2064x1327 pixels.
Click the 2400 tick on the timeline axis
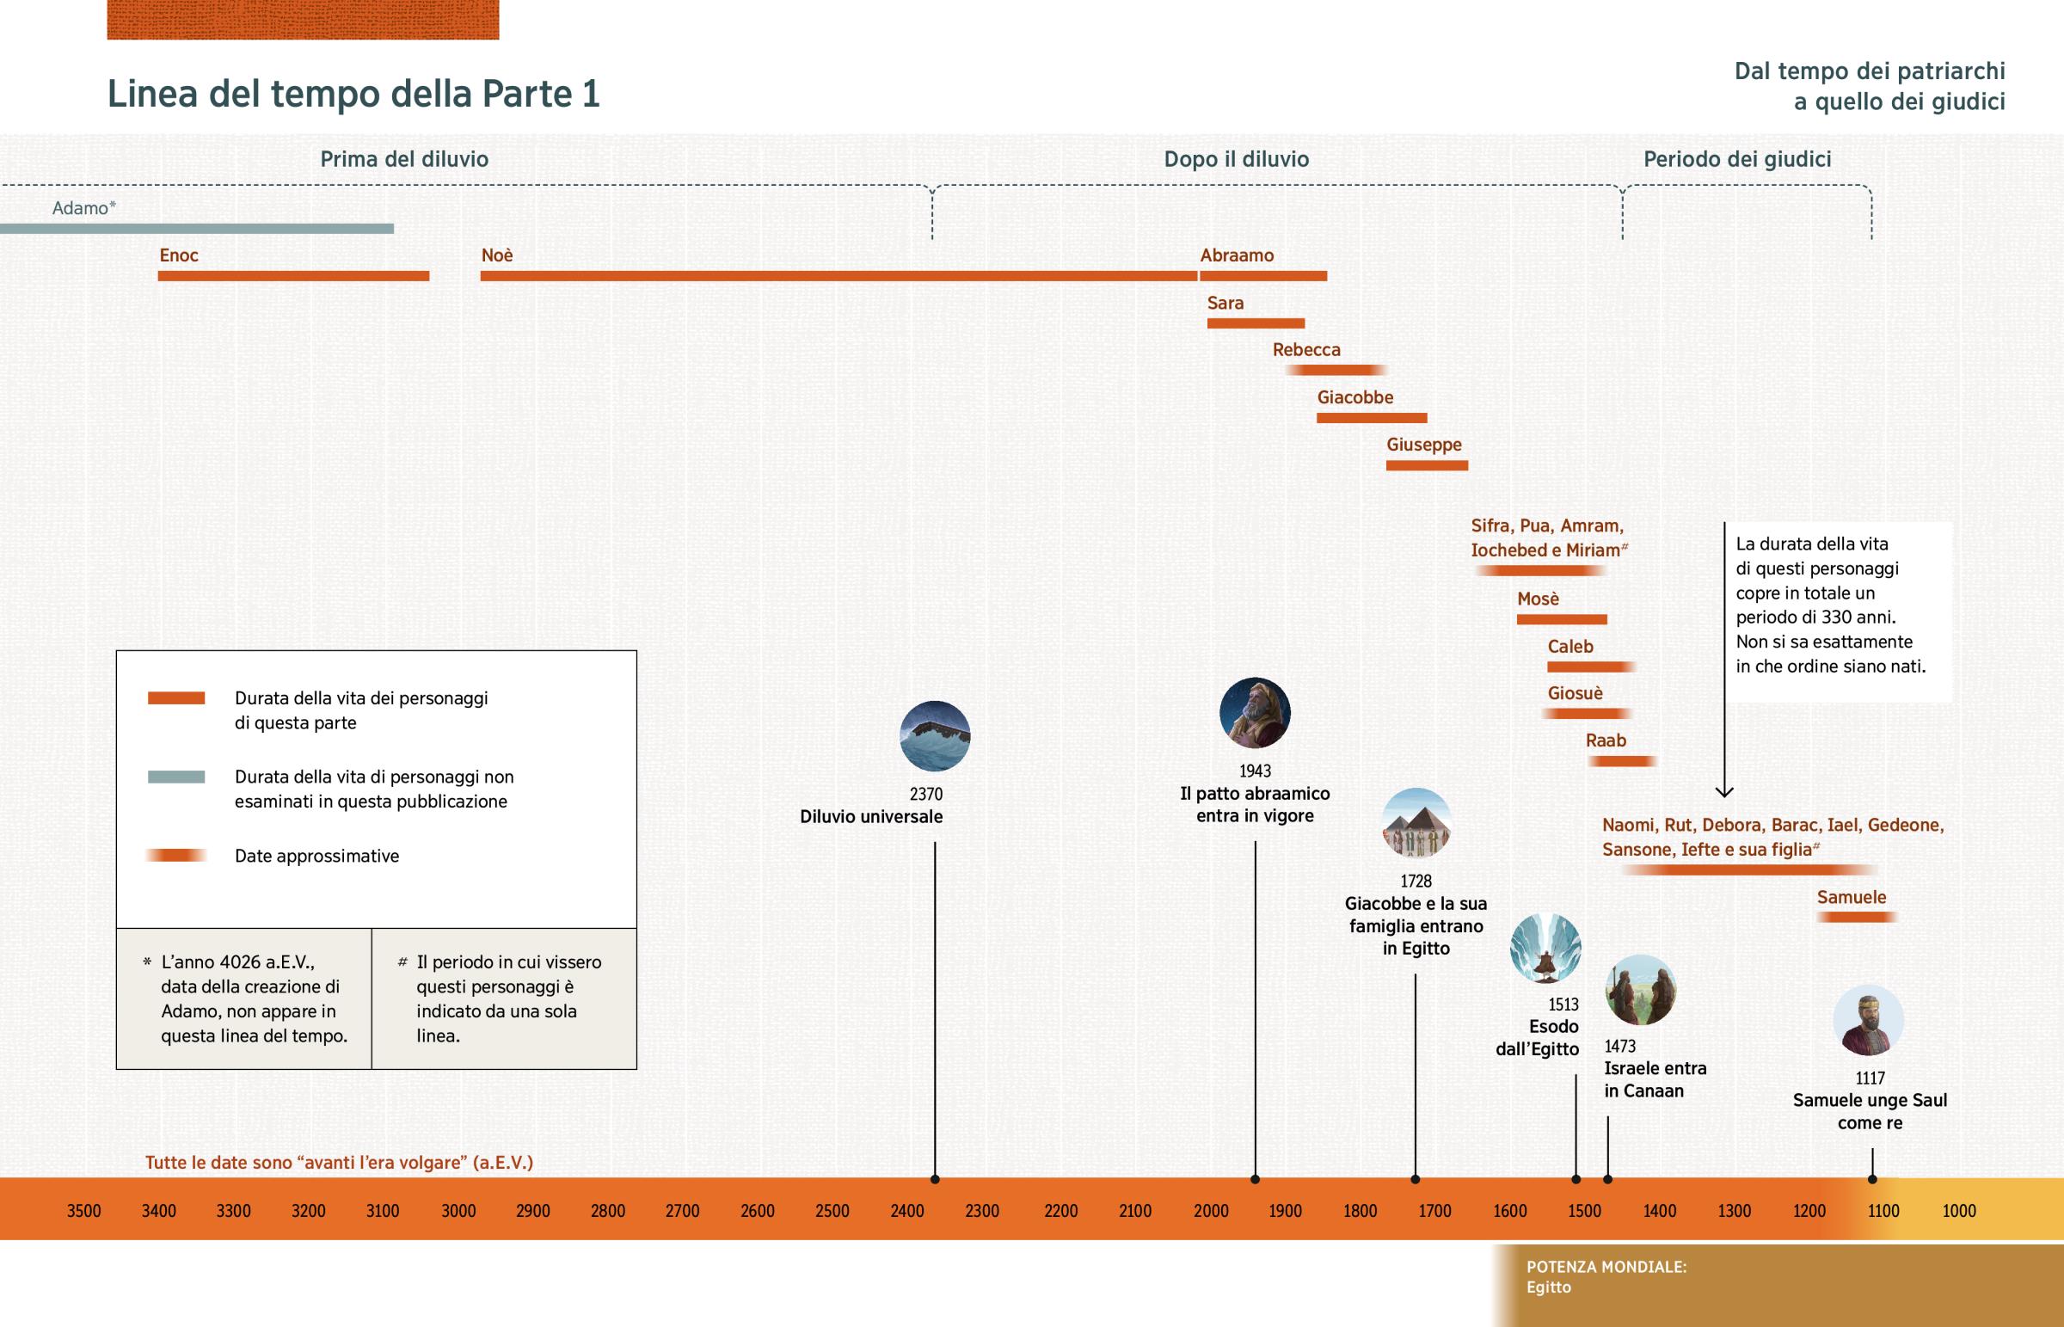[x=907, y=1211]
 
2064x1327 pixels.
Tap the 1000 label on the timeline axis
[x=1959, y=1211]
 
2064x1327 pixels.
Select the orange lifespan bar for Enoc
[x=293, y=276]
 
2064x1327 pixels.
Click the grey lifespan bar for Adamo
[x=196, y=229]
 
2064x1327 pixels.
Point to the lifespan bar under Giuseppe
[x=1427, y=465]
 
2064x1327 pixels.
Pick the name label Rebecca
[x=1306, y=350]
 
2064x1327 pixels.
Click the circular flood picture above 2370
[x=935, y=736]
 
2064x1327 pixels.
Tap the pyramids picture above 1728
[x=1416, y=823]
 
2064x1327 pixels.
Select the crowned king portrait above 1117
[x=1868, y=1020]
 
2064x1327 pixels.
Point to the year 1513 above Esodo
[x=1563, y=1004]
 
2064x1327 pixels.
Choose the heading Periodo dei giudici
[x=1736, y=158]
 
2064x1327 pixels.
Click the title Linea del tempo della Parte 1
[x=353, y=93]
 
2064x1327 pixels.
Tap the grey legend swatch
[x=175, y=777]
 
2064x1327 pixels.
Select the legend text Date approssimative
[x=317, y=856]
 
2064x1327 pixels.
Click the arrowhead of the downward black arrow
[x=1723, y=791]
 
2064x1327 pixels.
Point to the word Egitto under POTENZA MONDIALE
[x=1548, y=1287]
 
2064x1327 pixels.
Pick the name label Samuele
[x=1852, y=897]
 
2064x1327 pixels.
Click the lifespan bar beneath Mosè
[x=1561, y=619]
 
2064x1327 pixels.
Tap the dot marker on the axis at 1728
[x=1416, y=1179]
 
